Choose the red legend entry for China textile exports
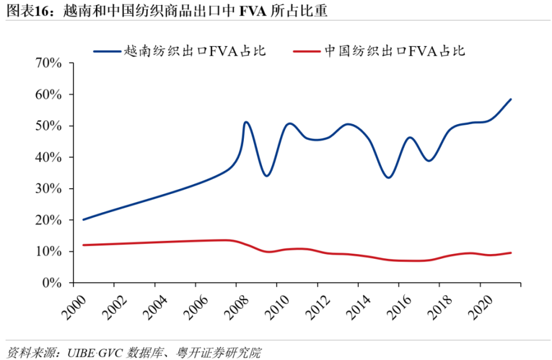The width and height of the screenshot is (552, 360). point(379,51)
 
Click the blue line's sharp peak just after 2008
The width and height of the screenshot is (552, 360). point(246,122)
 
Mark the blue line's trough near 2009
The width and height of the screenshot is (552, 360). point(267,175)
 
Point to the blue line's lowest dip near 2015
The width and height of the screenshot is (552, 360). point(389,177)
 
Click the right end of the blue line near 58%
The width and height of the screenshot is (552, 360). point(511,99)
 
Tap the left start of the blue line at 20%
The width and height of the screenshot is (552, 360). point(84,220)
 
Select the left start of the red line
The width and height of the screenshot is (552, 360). point(84,245)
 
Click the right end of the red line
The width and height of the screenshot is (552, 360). point(511,253)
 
